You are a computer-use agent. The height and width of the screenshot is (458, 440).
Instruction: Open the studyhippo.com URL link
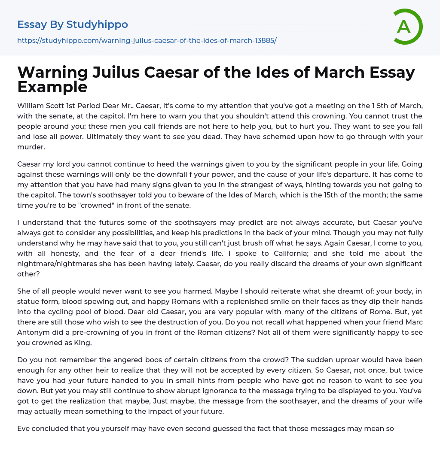click(147, 41)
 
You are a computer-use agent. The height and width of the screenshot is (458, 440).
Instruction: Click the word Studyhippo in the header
click(97, 25)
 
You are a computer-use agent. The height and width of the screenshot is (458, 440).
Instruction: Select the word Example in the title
click(52, 87)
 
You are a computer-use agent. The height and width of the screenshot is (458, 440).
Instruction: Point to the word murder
click(31, 147)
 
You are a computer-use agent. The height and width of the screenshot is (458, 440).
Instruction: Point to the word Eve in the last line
click(24, 428)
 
